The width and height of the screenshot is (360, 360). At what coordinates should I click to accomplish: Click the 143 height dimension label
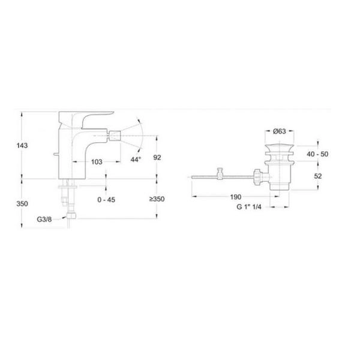(23, 146)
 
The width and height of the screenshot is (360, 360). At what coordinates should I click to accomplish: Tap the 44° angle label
(136, 160)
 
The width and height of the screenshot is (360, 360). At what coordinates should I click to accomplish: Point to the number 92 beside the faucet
(157, 157)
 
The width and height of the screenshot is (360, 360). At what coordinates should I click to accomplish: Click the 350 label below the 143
(23, 204)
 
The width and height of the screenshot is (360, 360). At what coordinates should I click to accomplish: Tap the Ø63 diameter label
(278, 132)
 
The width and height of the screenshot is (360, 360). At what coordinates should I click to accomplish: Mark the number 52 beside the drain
(319, 176)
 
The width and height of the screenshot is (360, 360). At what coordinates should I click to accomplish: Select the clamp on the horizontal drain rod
(220, 174)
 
